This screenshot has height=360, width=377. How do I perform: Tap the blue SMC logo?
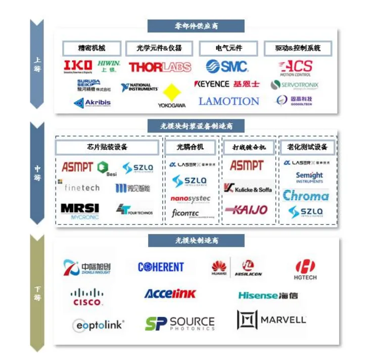point(227,66)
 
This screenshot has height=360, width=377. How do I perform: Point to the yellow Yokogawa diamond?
point(171,93)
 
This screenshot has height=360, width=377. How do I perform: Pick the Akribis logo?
point(92,103)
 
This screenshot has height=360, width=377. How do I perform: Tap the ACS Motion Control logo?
point(296,68)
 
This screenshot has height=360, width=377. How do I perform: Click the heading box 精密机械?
point(91,49)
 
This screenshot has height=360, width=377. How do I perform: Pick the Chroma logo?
point(306,196)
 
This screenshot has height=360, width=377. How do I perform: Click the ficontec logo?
point(185,213)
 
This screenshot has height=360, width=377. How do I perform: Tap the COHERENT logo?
point(161,267)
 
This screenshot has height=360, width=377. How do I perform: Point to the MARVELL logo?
point(271,320)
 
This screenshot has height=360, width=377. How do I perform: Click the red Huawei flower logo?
point(219,267)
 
